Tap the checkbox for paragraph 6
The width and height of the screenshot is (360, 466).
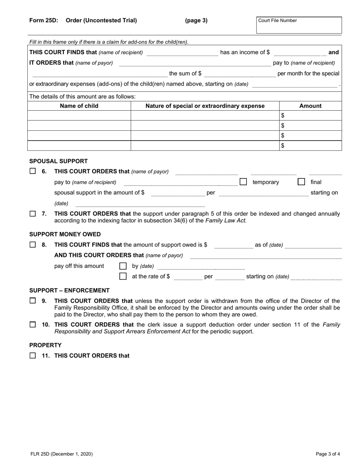tap(33, 171)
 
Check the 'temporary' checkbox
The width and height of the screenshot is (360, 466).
tap(243, 182)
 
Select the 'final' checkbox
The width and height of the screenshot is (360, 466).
tap(301, 182)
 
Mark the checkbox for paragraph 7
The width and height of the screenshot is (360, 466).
tap(33, 214)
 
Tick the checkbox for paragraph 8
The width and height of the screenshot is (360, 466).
tap(33, 245)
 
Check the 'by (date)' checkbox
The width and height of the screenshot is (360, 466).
tap(123, 266)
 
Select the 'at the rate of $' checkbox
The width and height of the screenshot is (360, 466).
tap(123, 276)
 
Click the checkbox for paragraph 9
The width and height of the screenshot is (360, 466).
tap(33, 301)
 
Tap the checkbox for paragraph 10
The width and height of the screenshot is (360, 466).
tap(33, 325)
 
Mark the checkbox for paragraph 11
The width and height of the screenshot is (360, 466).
tap(33, 356)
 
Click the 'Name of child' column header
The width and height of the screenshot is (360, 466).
tap(79, 106)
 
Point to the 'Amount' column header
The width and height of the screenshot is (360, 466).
tap(310, 106)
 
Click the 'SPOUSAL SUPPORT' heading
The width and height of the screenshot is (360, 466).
tap(58, 161)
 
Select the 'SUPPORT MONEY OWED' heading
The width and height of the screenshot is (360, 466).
tap(65, 234)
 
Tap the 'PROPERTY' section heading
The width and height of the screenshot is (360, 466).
tap(45, 345)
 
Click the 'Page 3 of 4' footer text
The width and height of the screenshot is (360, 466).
tap(328, 454)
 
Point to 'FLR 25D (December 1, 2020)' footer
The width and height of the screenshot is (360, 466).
tap(61, 454)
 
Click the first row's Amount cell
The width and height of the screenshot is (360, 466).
tap(310, 116)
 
